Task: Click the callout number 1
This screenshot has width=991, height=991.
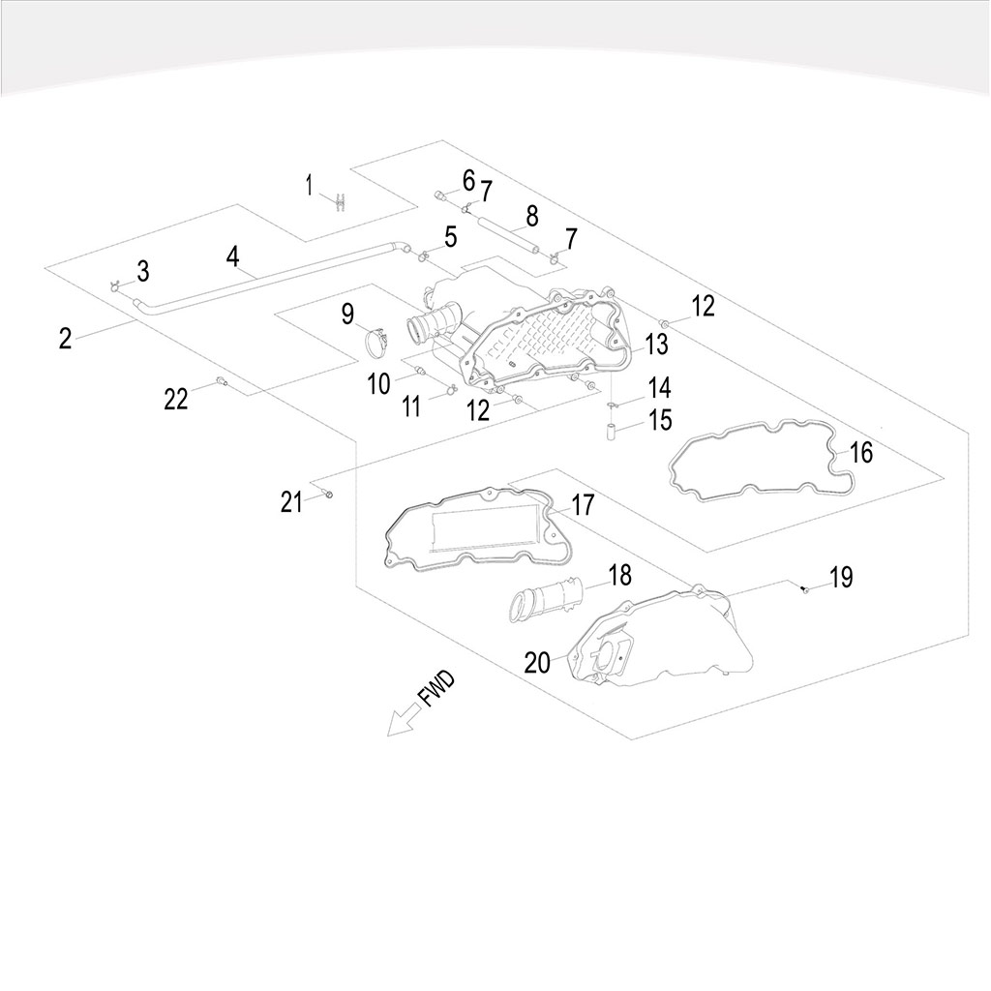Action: pos(310,185)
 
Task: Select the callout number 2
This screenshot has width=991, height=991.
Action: pos(65,339)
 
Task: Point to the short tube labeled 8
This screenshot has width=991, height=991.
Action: pos(509,235)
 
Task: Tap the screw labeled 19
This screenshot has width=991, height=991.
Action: pos(805,588)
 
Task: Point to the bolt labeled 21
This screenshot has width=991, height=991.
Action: pos(328,495)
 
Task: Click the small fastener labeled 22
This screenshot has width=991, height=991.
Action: pos(221,380)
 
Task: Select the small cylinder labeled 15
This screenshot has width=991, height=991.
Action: pos(612,429)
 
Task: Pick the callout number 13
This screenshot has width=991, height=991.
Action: pos(656,344)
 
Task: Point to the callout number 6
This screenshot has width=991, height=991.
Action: pos(468,180)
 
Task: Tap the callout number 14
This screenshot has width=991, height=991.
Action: pos(659,388)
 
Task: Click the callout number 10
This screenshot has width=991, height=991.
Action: pos(378,383)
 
